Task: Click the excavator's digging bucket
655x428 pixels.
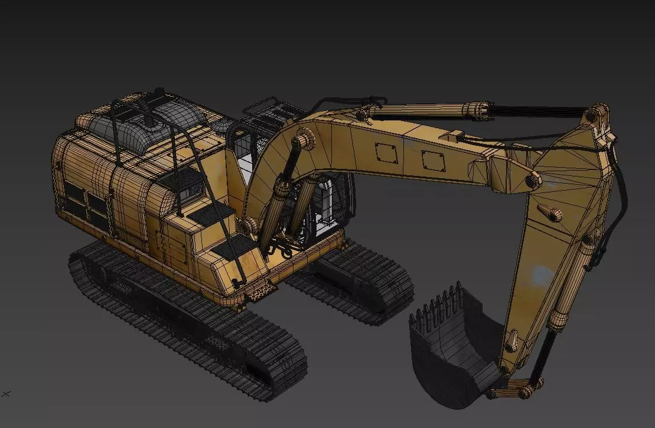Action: coord(452,354)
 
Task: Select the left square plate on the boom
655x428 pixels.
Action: coord(387,153)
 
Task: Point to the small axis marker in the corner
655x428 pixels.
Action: coord(6,393)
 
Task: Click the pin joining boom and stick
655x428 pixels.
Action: coord(533,181)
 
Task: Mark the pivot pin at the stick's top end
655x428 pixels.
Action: coord(600,112)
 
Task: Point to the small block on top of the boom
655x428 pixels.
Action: coord(457,136)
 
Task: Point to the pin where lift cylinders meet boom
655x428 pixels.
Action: coord(301,141)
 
